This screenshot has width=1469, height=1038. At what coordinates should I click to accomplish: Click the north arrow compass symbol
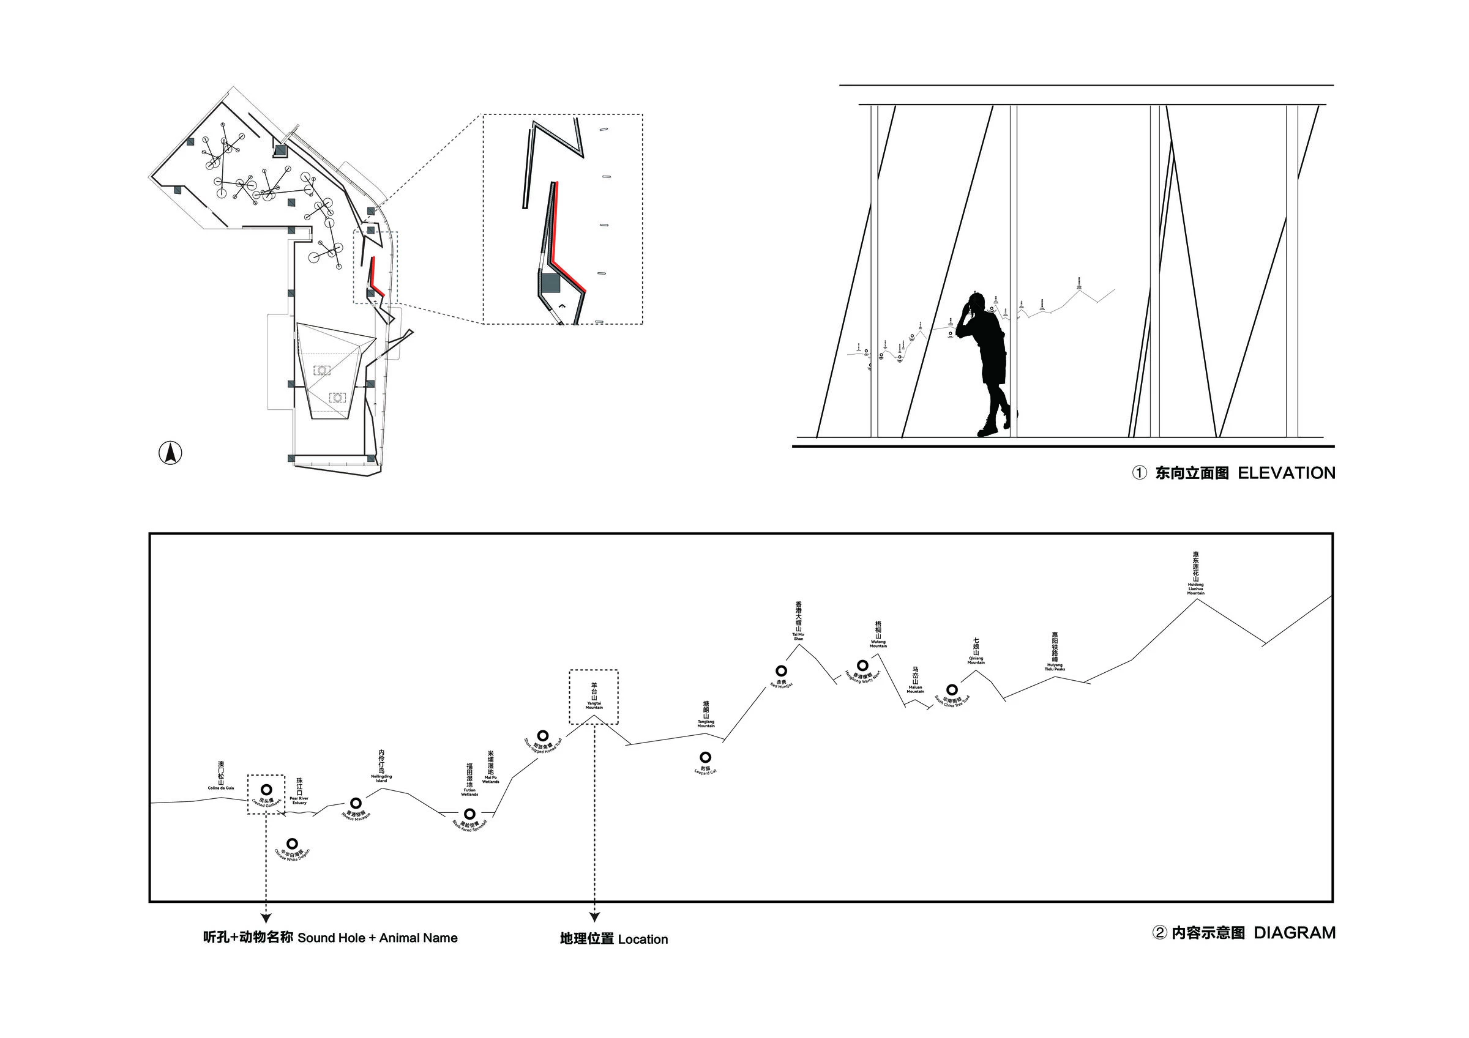coord(170,453)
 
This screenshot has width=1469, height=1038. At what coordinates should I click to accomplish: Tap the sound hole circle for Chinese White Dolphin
coord(293,843)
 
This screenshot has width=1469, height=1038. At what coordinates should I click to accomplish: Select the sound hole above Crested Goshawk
coord(266,790)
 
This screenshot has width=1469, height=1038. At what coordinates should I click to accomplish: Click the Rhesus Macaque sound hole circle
coord(355,803)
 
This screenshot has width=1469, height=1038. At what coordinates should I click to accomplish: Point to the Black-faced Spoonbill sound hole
coord(469,814)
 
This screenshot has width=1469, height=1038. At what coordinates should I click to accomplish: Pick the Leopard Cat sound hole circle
coord(705,758)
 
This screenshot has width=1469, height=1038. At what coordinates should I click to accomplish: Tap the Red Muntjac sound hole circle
coord(780,671)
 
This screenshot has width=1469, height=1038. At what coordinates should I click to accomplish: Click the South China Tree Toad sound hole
coord(952,689)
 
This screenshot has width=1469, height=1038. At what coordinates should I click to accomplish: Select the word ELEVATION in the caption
coord(1286,473)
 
